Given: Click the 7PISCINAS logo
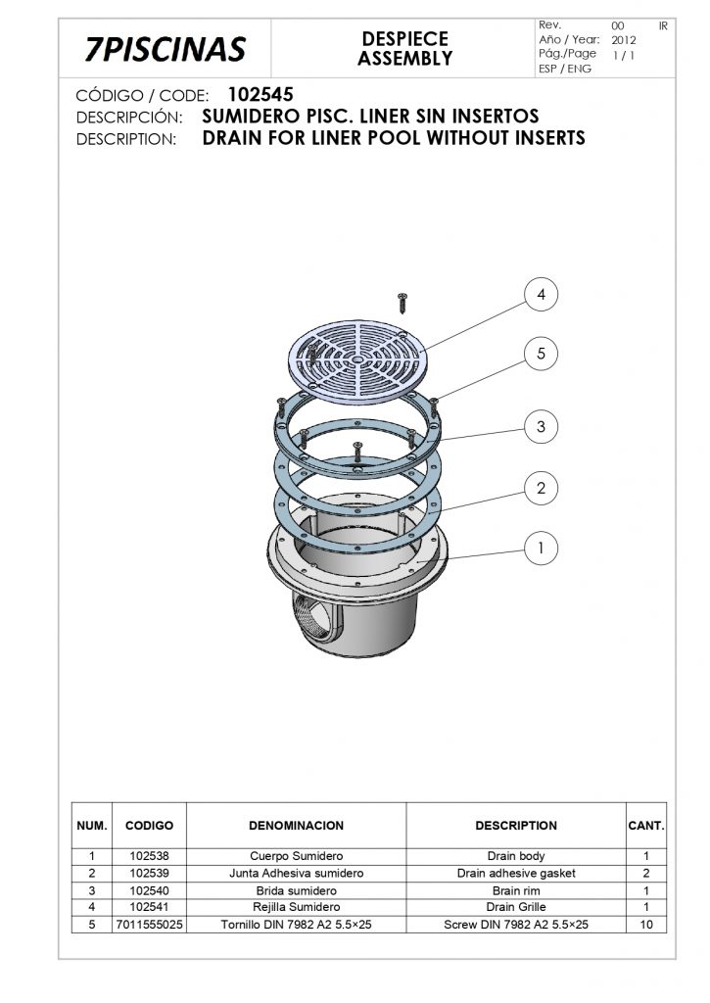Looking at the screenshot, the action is (x=166, y=49).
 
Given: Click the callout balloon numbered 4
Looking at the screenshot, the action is (x=542, y=294).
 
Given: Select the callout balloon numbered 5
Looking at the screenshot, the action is (x=542, y=353).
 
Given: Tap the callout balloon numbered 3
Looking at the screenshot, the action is (x=542, y=427).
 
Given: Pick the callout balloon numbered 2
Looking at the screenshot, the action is (x=542, y=488).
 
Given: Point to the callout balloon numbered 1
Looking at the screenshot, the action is (x=542, y=549).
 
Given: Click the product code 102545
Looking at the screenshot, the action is (x=260, y=95).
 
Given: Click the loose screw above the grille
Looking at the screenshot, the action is (x=402, y=303).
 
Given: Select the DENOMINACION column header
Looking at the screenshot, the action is (x=296, y=825).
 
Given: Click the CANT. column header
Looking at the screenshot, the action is (x=646, y=825).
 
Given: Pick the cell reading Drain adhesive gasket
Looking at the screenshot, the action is (x=516, y=873).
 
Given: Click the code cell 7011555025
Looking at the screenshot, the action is (x=149, y=925).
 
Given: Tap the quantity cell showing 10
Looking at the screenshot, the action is (x=646, y=925).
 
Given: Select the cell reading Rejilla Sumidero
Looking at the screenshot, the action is (x=296, y=907).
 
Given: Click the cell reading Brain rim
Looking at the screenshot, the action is (x=516, y=890).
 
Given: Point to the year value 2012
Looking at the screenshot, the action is (x=624, y=39).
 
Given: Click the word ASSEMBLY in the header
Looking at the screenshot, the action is (x=404, y=58).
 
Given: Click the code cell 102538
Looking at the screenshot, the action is (x=149, y=856).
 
